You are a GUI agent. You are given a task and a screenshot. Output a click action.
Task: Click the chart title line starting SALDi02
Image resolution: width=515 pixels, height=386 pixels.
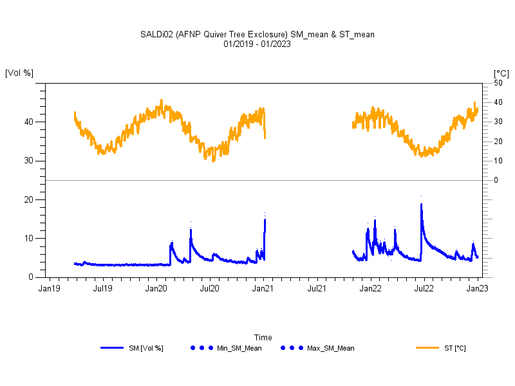(x=257, y=34)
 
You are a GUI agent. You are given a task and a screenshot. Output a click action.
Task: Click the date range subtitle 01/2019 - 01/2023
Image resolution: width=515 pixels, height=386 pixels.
(x=257, y=44)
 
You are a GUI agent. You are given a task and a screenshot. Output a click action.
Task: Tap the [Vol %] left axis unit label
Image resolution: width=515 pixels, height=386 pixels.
(x=19, y=73)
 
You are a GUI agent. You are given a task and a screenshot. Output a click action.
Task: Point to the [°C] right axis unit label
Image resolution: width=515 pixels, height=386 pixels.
(x=501, y=74)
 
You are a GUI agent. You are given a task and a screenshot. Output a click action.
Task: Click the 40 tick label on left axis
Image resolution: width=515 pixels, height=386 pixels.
(x=29, y=122)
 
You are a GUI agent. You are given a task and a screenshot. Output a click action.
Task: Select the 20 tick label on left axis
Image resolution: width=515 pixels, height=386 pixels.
(x=29, y=199)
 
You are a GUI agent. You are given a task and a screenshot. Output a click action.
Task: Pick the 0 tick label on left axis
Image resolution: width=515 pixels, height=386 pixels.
(x=32, y=277)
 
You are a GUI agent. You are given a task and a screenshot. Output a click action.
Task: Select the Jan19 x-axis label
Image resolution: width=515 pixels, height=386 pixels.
(x=49, y=289)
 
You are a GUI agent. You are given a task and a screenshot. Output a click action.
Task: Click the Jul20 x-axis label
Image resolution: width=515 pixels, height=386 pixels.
(x=209, y=289)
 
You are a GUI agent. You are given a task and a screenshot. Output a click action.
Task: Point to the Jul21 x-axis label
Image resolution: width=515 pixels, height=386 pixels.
(x=316, y=289)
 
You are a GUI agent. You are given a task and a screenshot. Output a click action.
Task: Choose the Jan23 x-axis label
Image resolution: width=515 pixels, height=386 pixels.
(x=476, y=289)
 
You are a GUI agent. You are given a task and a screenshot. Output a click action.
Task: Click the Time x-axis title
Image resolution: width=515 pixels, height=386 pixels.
(x=263, y=337)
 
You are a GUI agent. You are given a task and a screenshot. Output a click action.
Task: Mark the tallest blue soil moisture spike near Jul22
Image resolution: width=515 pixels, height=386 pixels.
(x=421, y=205)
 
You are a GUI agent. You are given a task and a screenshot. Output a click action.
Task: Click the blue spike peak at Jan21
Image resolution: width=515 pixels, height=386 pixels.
(x=265, y=219)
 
